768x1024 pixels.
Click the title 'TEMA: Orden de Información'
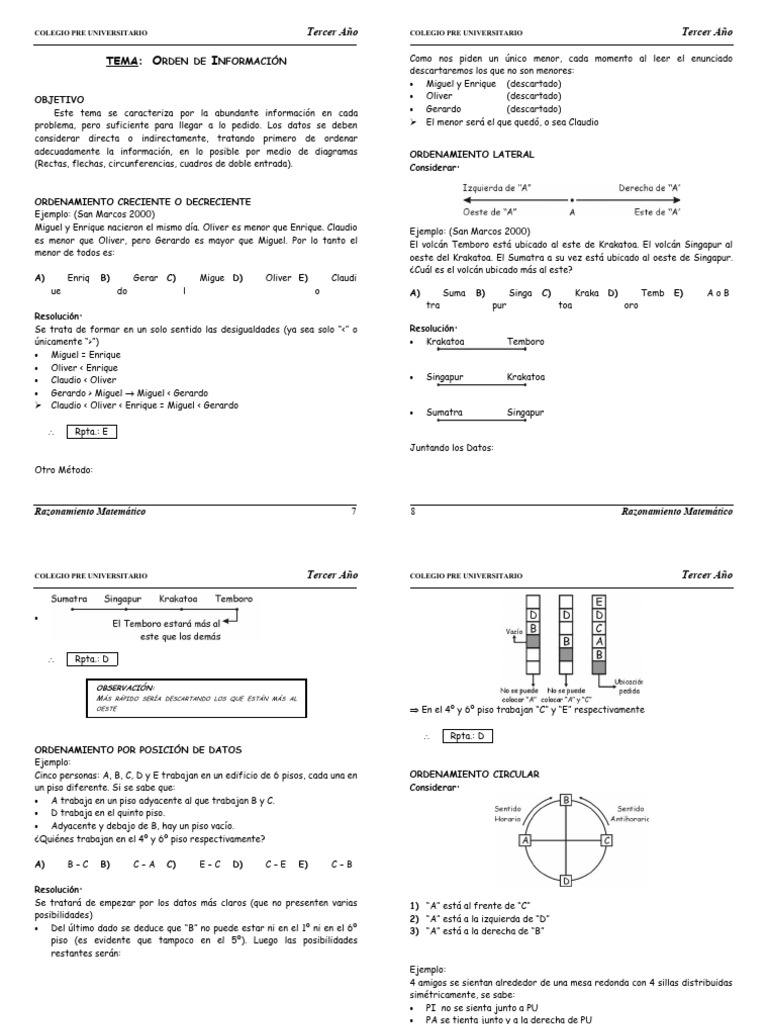[x=196, y=62]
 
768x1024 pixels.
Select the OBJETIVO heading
[x=60, y=100]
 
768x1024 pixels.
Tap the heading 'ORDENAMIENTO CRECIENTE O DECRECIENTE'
[x=142, y=201]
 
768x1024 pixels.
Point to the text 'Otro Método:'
[x=63, y=469]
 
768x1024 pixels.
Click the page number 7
[x=353, y=511]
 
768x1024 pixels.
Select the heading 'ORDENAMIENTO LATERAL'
[x=472, y=155]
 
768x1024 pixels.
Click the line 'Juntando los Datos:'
[x=452, y=447]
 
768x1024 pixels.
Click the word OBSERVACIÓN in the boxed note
[x=125, y=688]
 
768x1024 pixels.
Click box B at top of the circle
[x=566, y=800]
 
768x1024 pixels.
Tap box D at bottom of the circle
[x=566, y=881]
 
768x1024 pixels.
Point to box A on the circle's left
[x=524, y=841]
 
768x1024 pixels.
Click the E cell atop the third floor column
[x=599, y=602]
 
